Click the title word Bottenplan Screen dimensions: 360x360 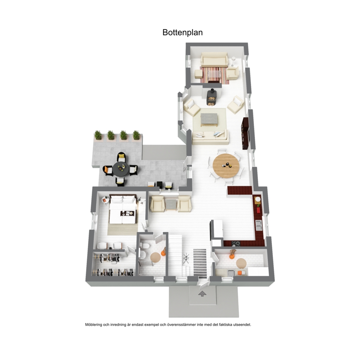pyautogui.click(x=183, y=32)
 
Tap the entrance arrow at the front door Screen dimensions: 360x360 pyautogui.click(x=202, y=294)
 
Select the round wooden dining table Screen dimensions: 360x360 pyautogui.click(x=226, y=165)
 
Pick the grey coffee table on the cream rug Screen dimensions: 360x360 pyautogui.click(x=209, y=119)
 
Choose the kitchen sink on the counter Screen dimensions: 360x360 pyautogui.click(x=259, y=225)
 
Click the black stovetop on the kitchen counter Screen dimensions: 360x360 pyautogui.click(x=236, y=244)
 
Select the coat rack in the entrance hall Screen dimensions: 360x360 pyautogui.click(x=186, y=259)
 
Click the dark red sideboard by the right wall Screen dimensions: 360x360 pyautogui.click(x=245, y=134)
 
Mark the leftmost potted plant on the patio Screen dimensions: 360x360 pyautogui.click(x=98, y=135)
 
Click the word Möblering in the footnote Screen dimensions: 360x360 pyautogui.click(x=93, y=325)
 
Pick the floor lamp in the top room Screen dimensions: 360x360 pyautogui.click(x=233, y=61)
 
